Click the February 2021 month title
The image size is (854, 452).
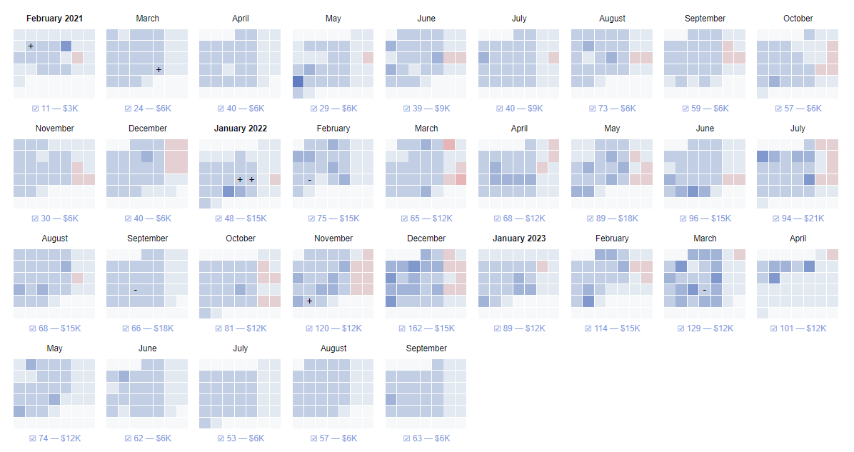coord(54,19)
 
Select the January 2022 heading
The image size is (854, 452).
coord(240,129)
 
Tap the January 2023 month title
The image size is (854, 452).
coord(519,238)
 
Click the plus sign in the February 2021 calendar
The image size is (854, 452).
coord(31,46)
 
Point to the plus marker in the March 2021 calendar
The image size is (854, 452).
coord(159,69)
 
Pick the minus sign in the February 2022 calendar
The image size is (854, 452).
coord(309,180)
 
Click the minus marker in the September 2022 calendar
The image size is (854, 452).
coord(136,290)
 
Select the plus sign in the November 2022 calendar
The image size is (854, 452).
coord(309,301)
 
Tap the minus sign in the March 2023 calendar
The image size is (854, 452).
coord(704,290)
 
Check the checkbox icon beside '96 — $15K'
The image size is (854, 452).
coord(683,219)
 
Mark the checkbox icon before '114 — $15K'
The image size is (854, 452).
coord(589,328)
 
